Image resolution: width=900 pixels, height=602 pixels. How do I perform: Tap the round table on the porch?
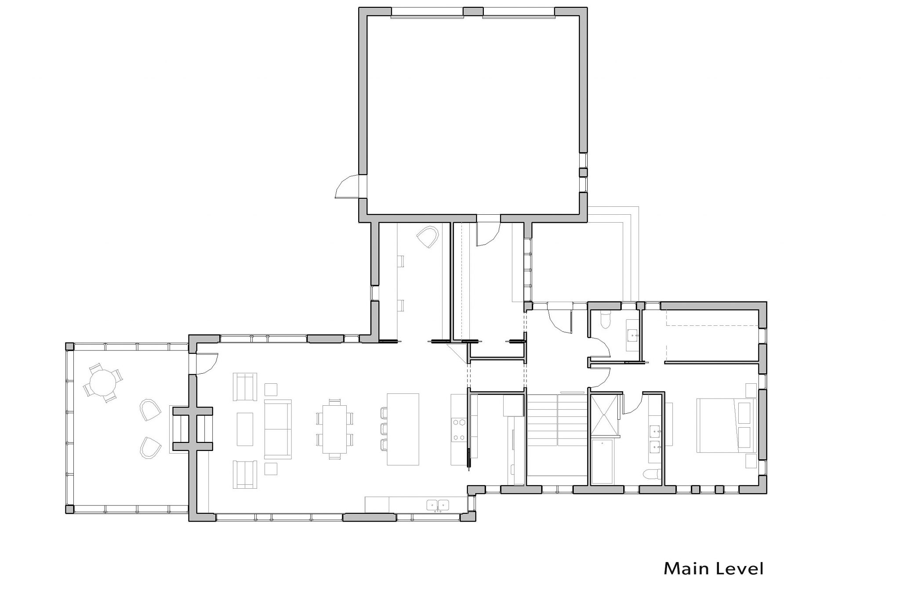pos(103,382)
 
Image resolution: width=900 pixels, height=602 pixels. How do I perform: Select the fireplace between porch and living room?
pos(193,429)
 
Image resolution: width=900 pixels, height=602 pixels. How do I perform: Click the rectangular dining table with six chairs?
pos(334,429)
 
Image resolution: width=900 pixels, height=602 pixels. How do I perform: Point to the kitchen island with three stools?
pos(403,429)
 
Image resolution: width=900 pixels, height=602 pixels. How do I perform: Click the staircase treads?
pos(557,435)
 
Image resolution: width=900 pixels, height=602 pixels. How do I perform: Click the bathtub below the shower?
pos(605,463)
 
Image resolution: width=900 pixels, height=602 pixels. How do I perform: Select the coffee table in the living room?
pos(245,429)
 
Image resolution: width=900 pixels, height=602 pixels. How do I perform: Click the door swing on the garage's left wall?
pos(348,186)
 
